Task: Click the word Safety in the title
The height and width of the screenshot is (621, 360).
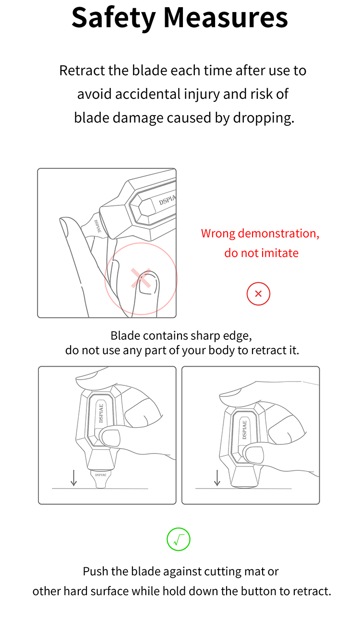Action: [113, 19]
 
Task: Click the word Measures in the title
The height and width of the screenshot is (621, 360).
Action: [226, 18]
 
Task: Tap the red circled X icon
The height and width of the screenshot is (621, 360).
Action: [258, 294]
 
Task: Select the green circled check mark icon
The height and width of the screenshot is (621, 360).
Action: [179, 539]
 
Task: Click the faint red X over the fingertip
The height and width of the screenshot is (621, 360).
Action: [141, 278]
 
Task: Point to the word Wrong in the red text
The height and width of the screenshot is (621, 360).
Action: [218, 233]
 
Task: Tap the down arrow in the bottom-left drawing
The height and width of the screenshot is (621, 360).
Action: [74, 478]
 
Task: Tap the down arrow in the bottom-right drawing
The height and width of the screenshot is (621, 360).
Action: [217, 478]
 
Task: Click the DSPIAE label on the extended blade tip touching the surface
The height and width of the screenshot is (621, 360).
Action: [101, 475]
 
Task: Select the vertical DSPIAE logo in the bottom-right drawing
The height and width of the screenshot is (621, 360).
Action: [244, 430]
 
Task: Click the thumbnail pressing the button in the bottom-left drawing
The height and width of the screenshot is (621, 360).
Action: [111, 438]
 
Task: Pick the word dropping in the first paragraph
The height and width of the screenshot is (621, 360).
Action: [264, 118]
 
